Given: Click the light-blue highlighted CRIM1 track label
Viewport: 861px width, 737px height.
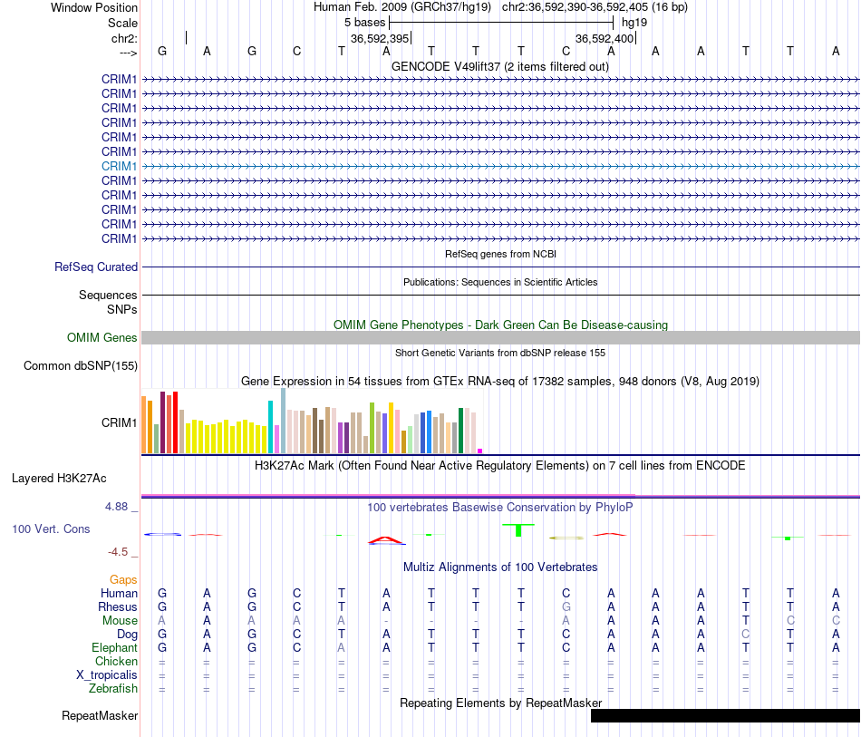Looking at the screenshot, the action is (x=119, y=166).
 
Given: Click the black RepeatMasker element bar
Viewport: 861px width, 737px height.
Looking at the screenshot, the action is (x=725, y=715).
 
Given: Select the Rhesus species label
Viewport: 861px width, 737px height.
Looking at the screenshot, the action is (x=118, y=606).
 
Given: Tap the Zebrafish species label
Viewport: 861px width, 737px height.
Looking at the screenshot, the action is (x=113, y=688).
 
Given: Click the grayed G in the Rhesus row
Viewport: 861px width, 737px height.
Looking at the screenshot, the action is (x=566, y=606).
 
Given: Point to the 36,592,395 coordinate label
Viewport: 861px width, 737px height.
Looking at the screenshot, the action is (x=380, y=38).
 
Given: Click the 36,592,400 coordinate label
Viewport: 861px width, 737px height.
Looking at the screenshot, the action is (x=605, y=38).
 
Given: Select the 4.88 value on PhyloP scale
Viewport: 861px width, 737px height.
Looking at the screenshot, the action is (x=116, y=507).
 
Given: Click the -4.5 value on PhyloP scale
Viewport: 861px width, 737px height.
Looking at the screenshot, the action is (x=118, y=551).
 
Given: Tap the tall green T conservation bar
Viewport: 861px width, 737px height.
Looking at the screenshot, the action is (x=518, y=530).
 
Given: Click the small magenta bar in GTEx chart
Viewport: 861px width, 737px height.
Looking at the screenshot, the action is (x=480, y=451).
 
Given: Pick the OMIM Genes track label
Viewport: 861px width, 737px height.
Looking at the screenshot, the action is (x=102, y=338).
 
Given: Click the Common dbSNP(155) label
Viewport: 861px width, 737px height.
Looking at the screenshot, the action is (x=81, y=365).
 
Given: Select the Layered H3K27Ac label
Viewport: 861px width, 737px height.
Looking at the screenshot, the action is (x=59, y=479).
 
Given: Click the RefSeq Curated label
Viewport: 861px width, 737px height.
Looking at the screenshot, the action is (x=96, y=267).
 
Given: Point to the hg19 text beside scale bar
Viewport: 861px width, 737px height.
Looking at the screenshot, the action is (x=634, y=23).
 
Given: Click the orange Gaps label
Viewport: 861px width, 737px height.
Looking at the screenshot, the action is (x=123, y=579).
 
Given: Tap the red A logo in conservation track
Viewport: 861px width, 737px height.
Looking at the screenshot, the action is (x=387, y=540).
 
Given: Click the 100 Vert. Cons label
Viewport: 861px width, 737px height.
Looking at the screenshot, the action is (x=51, y=529).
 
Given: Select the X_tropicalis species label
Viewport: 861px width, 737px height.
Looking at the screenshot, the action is (x=107, y=675).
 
